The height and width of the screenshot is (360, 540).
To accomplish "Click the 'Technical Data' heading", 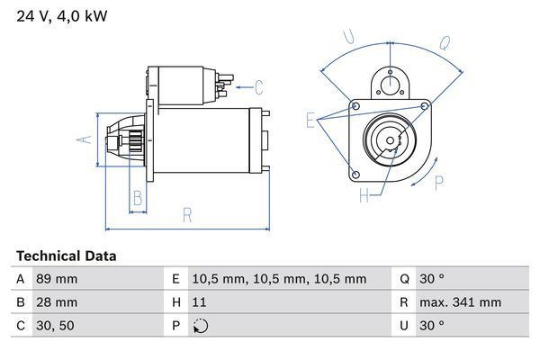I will [x=67, y=256].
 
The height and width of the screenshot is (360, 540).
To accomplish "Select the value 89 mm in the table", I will [x=57, y=279].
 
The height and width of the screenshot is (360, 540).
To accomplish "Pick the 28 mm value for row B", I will [x=57, y=302].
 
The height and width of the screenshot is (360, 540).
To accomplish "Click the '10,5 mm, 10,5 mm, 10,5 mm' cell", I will [x=279, y=279].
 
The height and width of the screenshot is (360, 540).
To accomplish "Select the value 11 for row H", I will [x=200, y=302].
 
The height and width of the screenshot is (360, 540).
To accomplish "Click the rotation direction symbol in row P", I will [x=201, y=327].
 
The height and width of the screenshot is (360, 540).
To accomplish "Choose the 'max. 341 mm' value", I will [x=463, y=302].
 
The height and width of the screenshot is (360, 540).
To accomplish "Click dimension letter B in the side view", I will [x=138, y=197].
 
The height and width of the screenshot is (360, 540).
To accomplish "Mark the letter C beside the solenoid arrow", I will [x=258, y=87].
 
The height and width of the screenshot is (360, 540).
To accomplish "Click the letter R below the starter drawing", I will [x=186, y=214].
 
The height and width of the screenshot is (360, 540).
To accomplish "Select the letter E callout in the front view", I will [x=310, y=121].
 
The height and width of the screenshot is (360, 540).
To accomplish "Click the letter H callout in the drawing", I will [x=364, y=194].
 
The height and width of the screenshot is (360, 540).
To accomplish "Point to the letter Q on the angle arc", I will [x=445, y=41].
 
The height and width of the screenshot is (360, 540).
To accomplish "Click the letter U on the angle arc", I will [x=349, y=39].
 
